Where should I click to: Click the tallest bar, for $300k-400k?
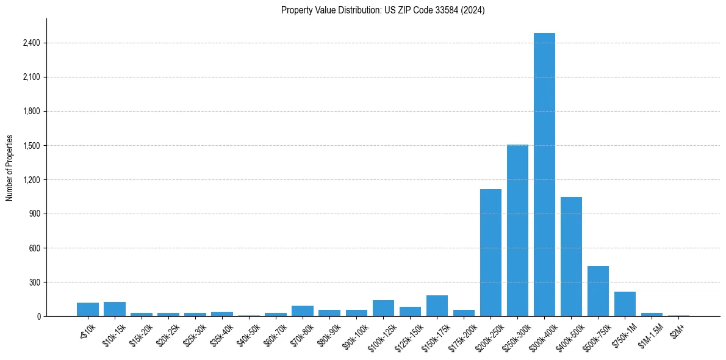pyautogui.click(x=544, y=175)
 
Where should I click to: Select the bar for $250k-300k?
pyautogui.click(x=517, y=231)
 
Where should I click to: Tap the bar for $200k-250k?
pyautogui.click(x=491, y=253)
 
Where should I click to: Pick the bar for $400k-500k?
pyautogui.click(x=571, y=256)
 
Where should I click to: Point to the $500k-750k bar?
pyautogui.click(x=598, y=291)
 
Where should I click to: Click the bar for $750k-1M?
pyautogui.click(x=625, y=304)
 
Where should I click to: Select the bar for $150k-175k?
pyautogui.click(x=437, y=306)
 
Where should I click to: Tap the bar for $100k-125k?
pyautogui.click(x=383, y=308)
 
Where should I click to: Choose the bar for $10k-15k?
pyautogui.click(x=115, y=309)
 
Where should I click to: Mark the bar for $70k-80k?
pyautogui.click(x=303, y=311)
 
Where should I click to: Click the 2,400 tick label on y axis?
pyautogui.click(x=31, y=43)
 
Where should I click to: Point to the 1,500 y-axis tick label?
pyautogui.click(x=31, y=146)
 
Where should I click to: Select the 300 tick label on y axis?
pyautogui.click(x=34, y=283)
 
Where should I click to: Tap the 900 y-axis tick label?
pyautogui.click(x=34, y=214)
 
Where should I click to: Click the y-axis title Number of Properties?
pyautogui.click(x=10, y=167)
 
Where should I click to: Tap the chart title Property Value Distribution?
pyautogui.click(x=383, y=10)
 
